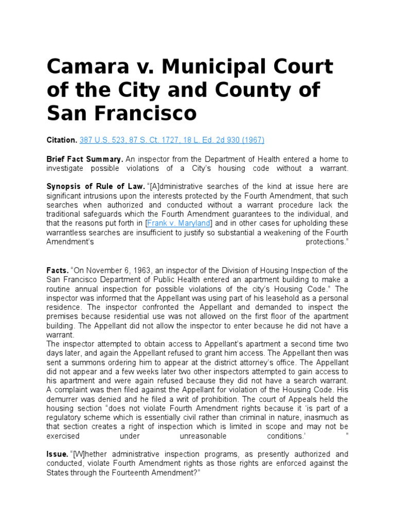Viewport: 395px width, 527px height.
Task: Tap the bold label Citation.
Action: click(x=62, y=140)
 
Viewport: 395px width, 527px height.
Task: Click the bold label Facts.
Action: click(x=57, y=270)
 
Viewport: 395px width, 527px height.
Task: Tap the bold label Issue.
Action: click(x=57, y=454)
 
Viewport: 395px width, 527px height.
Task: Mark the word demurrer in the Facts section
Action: click(x=64, y=399)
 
